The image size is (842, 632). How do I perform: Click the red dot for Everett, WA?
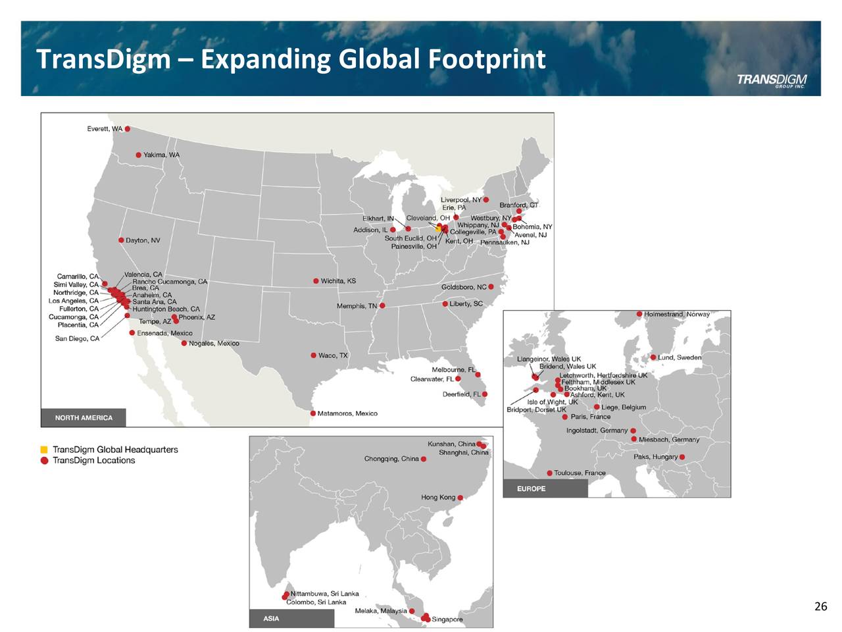128,129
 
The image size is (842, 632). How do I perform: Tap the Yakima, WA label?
161,155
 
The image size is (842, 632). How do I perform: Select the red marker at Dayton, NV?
121,240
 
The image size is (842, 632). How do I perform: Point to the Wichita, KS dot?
316,281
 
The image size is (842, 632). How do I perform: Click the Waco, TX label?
333,355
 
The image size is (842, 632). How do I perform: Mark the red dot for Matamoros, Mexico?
313,413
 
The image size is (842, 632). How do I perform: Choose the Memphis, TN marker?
382,305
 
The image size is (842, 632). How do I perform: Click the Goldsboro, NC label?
464,287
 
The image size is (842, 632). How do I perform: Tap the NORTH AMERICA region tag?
84,417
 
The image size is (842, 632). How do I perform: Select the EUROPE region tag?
532,488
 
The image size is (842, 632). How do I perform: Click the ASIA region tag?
271,618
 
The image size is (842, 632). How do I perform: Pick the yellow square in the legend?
44,450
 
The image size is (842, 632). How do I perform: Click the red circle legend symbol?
44,460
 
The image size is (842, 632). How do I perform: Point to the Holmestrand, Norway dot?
639,314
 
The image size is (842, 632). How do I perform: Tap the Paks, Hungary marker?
682,457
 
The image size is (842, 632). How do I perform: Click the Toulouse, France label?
580,473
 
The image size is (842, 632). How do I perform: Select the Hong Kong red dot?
460,498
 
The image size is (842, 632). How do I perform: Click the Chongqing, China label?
391,459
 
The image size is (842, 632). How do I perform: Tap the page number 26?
820,606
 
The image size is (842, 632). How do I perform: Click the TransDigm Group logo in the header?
771,80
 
